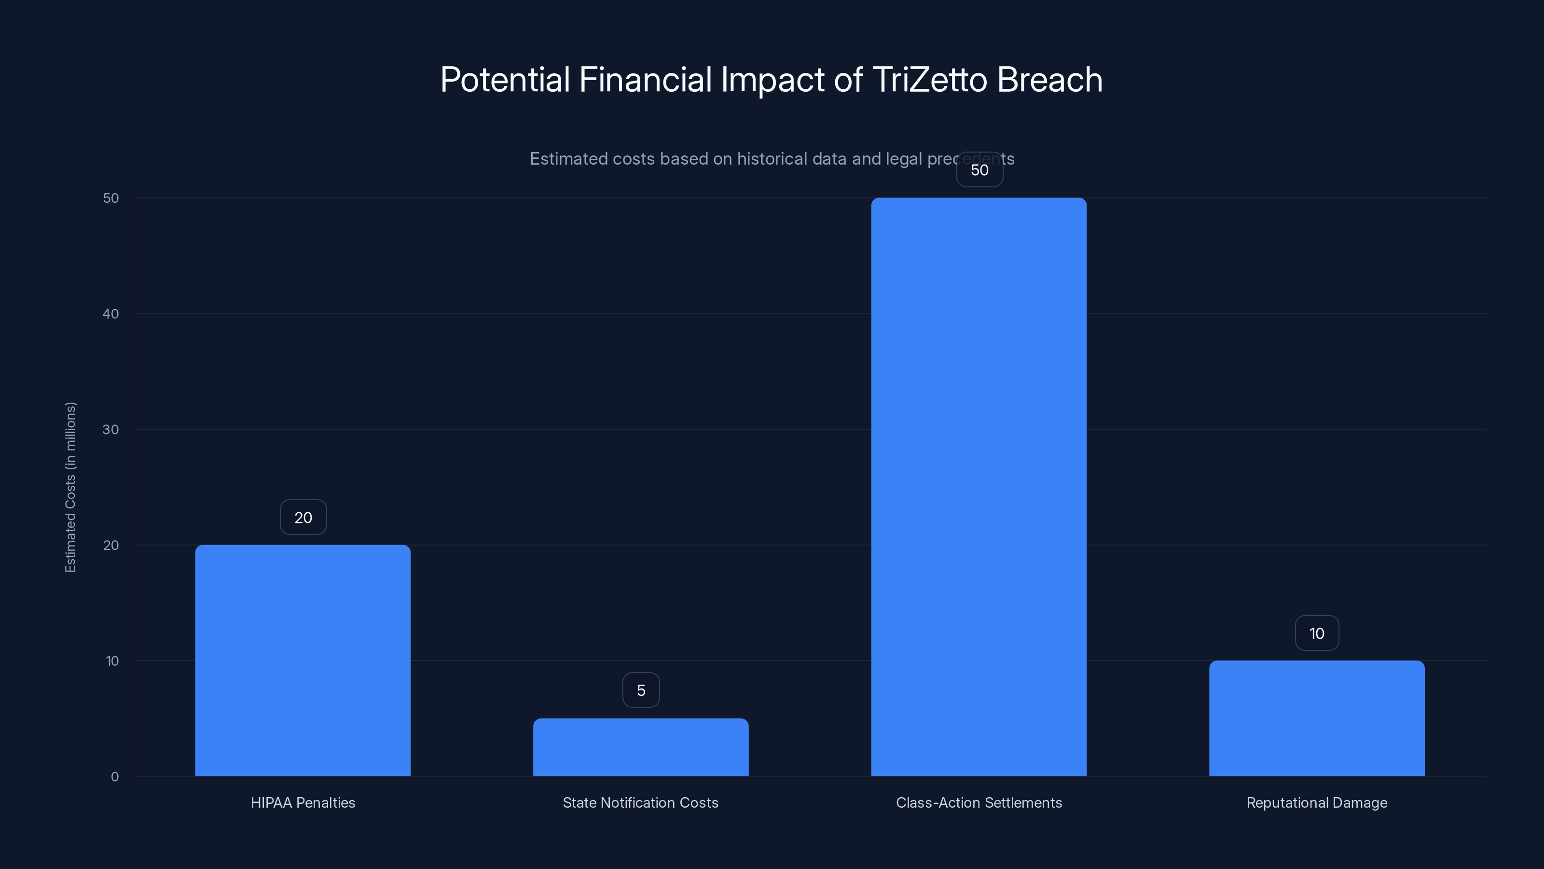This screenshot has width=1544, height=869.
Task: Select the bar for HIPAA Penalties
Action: tap(303, 659)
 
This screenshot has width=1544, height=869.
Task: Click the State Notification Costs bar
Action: tap(641, 747)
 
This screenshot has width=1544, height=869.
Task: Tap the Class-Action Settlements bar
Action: tap(979, 486)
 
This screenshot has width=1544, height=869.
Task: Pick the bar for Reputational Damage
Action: tap(1317, 718)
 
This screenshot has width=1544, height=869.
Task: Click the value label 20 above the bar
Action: tap(303, 518)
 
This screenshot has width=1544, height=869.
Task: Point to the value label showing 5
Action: tap(641, 690)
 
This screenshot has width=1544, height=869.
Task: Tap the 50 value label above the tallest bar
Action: tap(979, 170)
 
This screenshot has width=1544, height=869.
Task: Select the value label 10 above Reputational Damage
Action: tap(1317, 633)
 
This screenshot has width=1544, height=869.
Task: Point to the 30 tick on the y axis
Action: tap(111, 429)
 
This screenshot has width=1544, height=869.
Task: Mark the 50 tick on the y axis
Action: tap(111, 198)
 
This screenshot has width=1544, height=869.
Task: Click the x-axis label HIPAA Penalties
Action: tap(303, 802)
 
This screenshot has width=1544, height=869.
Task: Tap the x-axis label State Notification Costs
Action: tap(641, 802)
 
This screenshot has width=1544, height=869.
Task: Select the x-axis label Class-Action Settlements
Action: tap(979, 802)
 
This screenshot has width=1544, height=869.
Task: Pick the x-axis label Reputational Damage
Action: tap(1317, 802)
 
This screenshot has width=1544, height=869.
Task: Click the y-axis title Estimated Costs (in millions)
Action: tap(70, 487)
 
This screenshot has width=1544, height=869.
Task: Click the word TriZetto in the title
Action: tap(930, 80)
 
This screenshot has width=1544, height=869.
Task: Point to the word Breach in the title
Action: tap(1050, 80)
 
